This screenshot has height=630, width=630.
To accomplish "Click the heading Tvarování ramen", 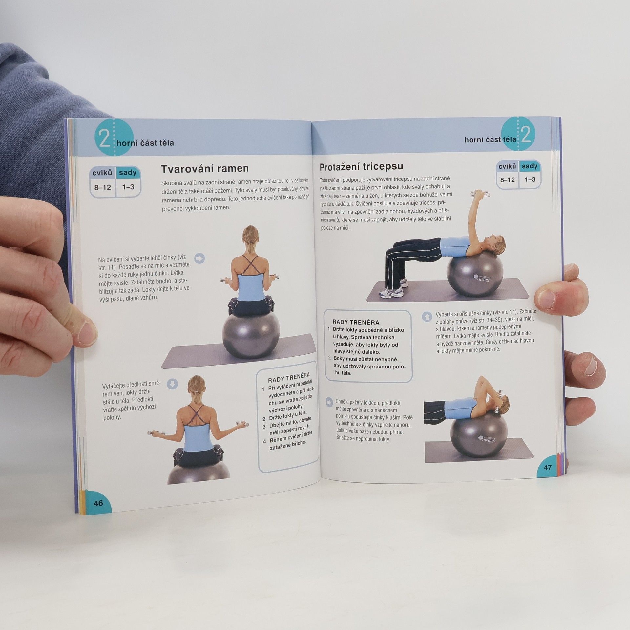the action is (205, 168).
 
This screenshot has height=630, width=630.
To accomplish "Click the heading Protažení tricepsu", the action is (361, 166).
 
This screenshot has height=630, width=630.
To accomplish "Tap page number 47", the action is (548, 468).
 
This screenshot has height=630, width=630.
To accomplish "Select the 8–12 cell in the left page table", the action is (103, 187).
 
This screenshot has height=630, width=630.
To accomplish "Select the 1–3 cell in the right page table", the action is (530, 179).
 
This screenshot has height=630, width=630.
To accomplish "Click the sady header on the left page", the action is (128, 172).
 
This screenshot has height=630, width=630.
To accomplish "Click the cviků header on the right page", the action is (507, 167).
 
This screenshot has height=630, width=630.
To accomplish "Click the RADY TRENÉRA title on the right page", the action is (356, 322).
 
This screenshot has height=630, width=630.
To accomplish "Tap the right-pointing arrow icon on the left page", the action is (199, 258).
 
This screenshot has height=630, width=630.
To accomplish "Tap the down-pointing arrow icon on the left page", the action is (172, 384).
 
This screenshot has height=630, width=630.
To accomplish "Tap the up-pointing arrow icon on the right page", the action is (426, 317).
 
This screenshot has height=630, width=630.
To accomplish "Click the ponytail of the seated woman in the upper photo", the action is (250, 247).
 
